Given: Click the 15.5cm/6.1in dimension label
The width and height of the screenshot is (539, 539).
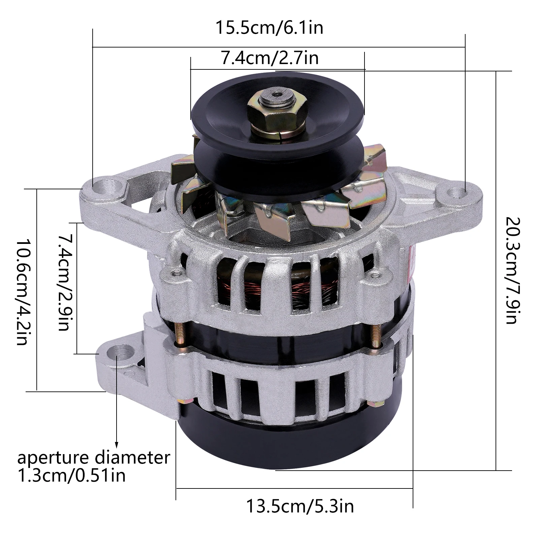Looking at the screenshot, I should pos(269,28).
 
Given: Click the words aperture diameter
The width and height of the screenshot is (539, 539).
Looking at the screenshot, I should pos(94,458).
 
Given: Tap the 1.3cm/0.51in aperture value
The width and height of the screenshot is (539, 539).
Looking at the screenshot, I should pos(71,475).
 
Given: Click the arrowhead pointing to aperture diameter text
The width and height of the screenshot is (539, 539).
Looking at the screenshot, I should pos(117,445).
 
